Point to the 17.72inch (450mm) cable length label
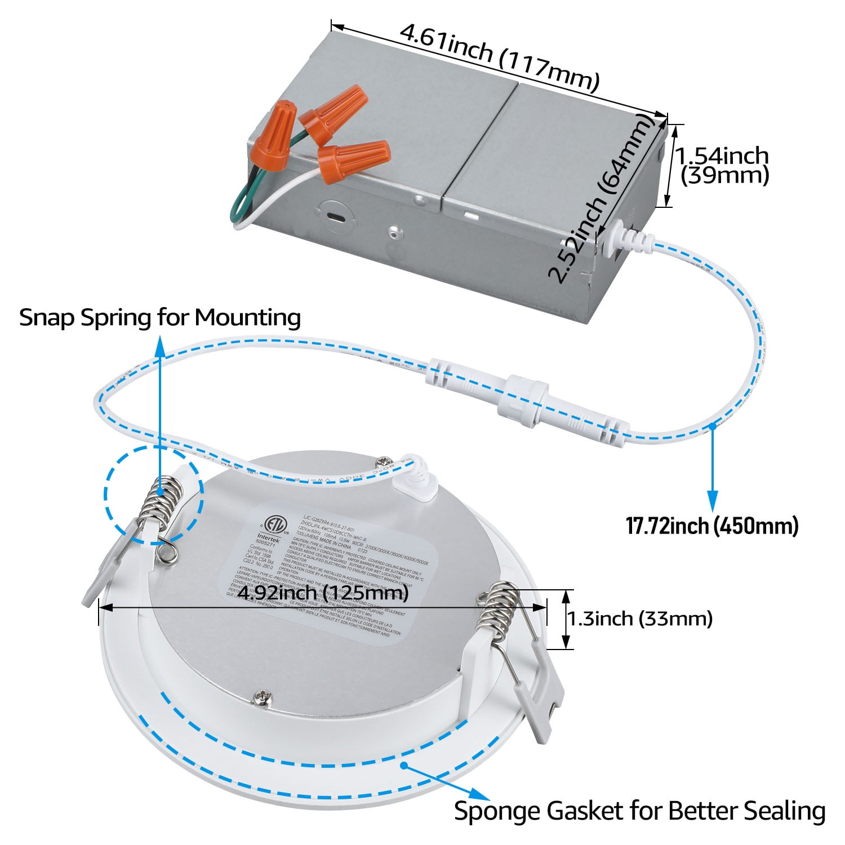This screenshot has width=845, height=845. pyautogui.click(x=712, y=526)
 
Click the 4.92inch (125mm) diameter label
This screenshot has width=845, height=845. pyautogui.click(x=322, y=593)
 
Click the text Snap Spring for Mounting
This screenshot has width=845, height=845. pyautogui.click(x=160, y=317)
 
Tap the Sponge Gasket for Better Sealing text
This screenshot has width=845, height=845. pyautogui.click(x=639, y=811)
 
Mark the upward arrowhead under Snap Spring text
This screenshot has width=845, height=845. pyautogui.click(x=161, y=345)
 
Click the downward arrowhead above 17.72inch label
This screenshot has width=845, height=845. pyautogui.click(x=713, y=498)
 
